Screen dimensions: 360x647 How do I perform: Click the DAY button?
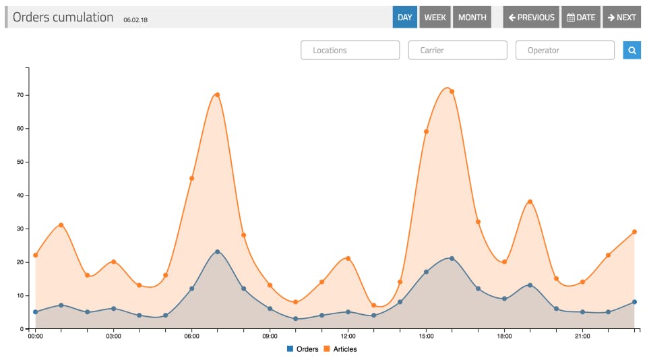click(x=404, y=18)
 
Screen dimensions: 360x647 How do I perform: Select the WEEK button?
click(x=435, y=18)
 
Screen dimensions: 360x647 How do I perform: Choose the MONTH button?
click(x=472, y=18)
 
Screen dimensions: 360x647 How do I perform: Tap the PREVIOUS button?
click(x=531, y=18)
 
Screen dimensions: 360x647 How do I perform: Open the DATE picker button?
click(x=580, y=18)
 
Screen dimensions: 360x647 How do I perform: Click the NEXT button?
click(x=621, y=18)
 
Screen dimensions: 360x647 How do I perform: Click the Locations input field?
click(x=350, y=50)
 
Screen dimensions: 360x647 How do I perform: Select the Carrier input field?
click(x=458, y=50)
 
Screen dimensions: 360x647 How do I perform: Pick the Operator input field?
click(x=565, y=50)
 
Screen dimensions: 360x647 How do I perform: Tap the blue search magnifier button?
click(x=631, y=50)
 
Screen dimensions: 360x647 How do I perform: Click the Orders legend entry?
click(x=303, y=349)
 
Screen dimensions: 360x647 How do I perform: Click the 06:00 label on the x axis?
click(x=191, y=336)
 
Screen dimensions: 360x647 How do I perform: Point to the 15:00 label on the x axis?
click(x=426, y=336)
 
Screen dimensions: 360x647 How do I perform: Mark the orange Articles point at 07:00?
click(x=217, y=95)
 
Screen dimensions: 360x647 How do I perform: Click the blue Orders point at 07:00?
click(x=217, y=251)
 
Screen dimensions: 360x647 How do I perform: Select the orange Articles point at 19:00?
click(x=530, y=202)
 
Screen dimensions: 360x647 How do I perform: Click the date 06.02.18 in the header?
click(x=135, y=20)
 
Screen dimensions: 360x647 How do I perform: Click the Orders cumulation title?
click(x=63, y=18)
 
